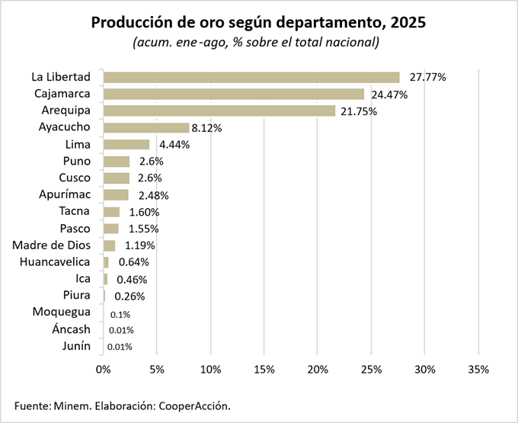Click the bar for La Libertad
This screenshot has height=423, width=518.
(x=251, y=77)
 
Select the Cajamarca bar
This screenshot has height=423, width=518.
(x=234, y=94)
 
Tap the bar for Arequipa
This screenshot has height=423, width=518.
(x=219, y=111)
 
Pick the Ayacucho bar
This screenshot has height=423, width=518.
(x=146, y=127)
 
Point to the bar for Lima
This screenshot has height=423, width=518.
(x=126, y=144)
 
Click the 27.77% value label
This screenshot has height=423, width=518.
(x=427, y=77)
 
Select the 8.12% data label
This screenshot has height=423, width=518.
(x=206, y=128)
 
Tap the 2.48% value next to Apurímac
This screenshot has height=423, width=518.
(x=154, y=195)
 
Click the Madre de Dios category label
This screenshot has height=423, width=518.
(x=52, y=245)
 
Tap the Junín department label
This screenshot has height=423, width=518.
(x=76, y=346)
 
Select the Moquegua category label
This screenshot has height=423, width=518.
(x=62, y=312)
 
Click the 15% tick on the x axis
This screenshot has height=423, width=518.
(x=264, y=370)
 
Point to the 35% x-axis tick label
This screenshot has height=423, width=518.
(x=478, y=370)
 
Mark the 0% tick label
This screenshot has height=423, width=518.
(x=104, y=370)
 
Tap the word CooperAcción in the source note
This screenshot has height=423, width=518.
(x=193, y=405)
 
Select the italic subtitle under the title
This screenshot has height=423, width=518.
(x=256, y=42)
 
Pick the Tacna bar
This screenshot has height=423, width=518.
(x=111, y=212)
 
